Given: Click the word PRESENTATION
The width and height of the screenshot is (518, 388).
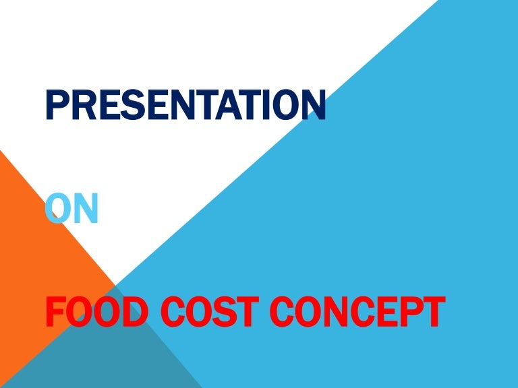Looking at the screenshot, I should click(x=185, y=106).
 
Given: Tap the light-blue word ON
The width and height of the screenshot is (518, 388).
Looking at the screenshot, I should click(x=72, y=209).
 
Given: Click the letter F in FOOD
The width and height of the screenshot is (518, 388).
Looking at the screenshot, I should click(x=56, y=313).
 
